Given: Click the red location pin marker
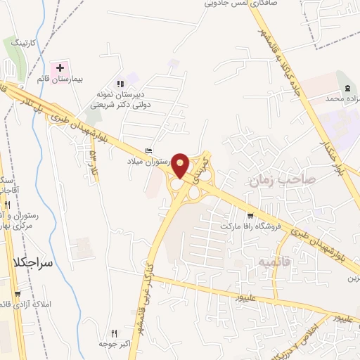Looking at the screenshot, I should pos(181,165).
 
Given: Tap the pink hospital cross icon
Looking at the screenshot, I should pos(60,69).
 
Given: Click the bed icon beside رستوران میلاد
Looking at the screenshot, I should pos(148,150).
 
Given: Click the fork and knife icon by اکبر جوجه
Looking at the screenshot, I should pos(114,334).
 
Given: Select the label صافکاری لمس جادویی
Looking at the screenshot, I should pos(238,4).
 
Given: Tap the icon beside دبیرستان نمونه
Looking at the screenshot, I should pos(121,83).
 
